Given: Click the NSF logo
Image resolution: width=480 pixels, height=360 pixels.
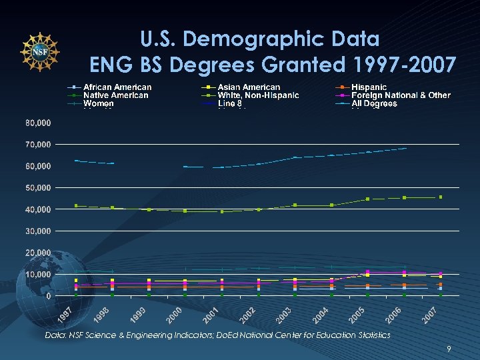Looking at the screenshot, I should click(40, 51).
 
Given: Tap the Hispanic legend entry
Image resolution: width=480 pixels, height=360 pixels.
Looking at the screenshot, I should click(369, 87).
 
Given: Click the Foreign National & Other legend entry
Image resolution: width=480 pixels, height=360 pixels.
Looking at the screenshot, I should click(401, 95).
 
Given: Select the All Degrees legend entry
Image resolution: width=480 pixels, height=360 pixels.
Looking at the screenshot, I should click(374, 103).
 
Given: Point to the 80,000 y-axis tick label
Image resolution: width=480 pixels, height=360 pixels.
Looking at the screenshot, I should click(38, 123).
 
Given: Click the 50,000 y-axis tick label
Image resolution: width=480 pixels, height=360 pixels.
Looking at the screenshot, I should click(38, 188).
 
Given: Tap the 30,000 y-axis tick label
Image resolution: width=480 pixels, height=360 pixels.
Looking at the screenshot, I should click(38, 231).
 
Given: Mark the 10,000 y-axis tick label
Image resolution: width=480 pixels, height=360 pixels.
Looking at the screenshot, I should click(38, 275).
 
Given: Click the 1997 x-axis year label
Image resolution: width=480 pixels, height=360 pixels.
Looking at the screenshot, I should click(65, 312).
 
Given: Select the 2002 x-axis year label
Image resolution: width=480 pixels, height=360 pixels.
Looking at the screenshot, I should click(249, 312).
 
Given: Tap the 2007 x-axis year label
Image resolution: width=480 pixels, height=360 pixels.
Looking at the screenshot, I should click(431, 312).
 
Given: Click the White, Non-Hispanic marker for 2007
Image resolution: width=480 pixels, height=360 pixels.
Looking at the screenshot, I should click(441, 197).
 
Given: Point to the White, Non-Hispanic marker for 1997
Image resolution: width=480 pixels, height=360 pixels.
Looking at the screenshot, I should click(76, 205).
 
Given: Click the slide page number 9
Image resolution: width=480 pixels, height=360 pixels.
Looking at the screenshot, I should click(449, 348).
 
